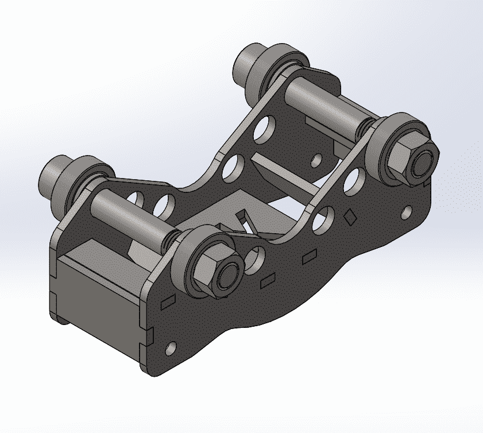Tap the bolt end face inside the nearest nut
[x=226, y=277]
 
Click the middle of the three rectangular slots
[x=268, y=281]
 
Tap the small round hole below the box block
[x=171, y=348]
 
